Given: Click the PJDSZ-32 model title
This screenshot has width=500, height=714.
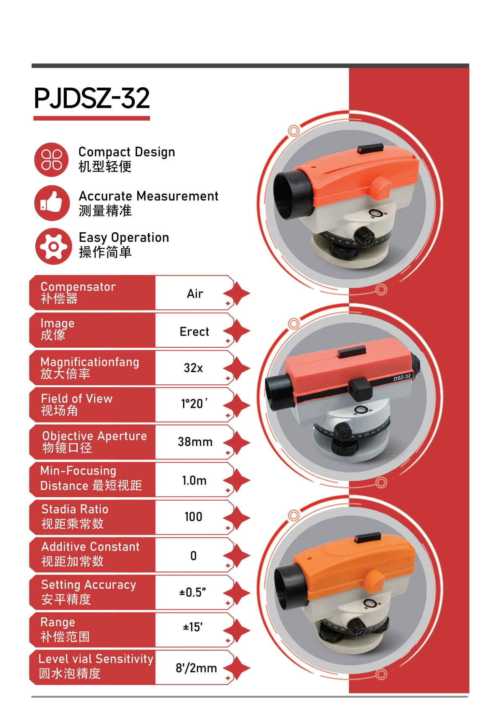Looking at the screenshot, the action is click(x=92, y=98).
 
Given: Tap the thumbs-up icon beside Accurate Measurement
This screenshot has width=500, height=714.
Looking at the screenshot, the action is click(x=52, y=203).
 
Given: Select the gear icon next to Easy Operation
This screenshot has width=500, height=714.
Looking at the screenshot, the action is click(x=53, y=246).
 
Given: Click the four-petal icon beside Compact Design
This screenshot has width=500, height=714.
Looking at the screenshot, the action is click(x=51, y=159).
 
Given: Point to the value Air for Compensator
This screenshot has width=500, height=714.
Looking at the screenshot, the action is click(x=195, y=294).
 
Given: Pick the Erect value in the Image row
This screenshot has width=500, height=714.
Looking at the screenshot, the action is click(x=194, y=331).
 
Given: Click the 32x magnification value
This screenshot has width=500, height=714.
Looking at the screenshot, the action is click(x=193, y=368).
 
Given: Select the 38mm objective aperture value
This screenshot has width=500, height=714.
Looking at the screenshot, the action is click(x=195, y=442).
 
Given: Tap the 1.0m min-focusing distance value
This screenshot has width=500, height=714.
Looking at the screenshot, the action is click(x=194, y=480).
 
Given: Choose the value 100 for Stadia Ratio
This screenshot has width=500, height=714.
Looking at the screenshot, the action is click(x=193, y=517).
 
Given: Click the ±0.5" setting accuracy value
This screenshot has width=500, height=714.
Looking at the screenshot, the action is click(x=192, y=592).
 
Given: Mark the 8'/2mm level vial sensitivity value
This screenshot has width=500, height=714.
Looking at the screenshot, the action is click(x=196, y=668).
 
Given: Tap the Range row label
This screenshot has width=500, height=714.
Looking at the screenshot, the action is click(x=65, y=630).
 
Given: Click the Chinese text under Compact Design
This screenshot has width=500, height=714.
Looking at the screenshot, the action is click(x=105, y=166).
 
